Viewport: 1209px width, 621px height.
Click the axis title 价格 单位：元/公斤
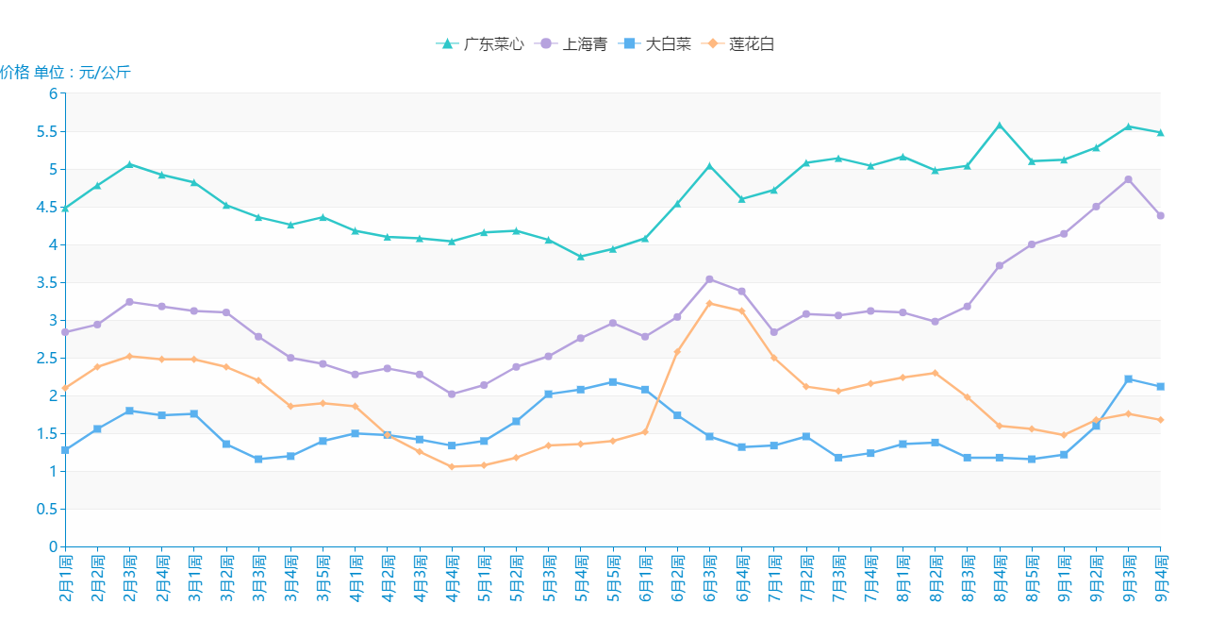click(65, 73)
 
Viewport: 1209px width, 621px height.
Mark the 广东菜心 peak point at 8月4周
click(1000, 126)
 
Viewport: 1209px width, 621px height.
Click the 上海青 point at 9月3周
click(1128, 179)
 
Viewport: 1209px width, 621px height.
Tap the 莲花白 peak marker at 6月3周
click(709, 304)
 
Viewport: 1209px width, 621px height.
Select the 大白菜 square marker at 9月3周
click(1128, 379)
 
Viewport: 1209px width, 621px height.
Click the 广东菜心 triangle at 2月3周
click(129, 164)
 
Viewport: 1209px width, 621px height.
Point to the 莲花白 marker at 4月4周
click(452, 466)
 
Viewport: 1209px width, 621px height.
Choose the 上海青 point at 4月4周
click(452, 394)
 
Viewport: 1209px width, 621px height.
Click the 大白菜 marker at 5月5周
click(613, 382)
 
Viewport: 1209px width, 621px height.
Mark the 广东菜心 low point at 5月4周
click(581, 257)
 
